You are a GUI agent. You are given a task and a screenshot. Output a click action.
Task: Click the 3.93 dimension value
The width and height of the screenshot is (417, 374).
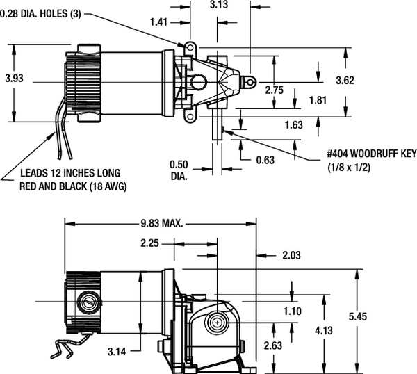[x=14, y=79]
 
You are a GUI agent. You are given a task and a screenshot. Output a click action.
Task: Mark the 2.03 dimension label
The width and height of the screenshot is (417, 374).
[x=293, y=256]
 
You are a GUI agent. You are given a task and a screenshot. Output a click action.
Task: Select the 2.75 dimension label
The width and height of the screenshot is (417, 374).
[x=275, y=89]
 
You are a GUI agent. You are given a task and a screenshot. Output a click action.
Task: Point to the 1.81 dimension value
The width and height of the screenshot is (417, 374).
[x=318, y=100]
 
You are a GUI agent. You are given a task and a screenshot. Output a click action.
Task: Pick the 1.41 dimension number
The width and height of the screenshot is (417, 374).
[x=158, y=22]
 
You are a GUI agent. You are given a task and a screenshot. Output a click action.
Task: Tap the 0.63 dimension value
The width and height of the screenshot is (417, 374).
[x=265, y=160]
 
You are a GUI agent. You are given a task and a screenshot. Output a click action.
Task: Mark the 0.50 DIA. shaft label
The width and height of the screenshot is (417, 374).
[x=180, y=170]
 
